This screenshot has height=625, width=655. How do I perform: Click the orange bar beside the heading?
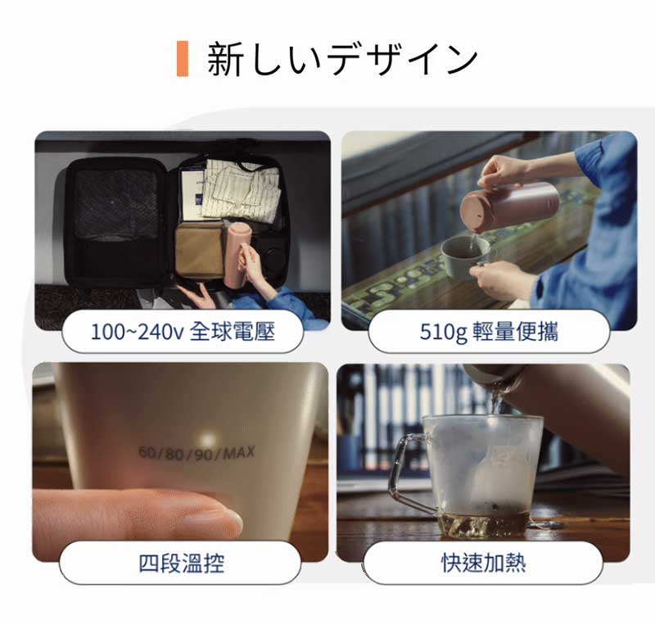(x=183, y=58)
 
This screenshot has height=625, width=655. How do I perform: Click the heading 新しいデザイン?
(x=342, y=59)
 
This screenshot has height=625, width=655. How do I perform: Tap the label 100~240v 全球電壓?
(x=183, y=333)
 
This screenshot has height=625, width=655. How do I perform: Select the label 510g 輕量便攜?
(x=489, y=333)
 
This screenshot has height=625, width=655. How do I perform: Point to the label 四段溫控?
(x=181, y=563)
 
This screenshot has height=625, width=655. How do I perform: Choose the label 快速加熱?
(x=483, y=563)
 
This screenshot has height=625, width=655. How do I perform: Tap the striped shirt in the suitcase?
(x=242, y=190)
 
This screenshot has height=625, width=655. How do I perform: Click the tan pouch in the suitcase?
(x=200, y=250)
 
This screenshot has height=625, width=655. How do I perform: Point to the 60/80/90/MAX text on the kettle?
(x=196, y=453)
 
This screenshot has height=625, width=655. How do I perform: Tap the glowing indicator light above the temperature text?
(x=208, y=440)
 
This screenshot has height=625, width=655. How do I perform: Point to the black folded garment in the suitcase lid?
(x=115, y=204)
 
